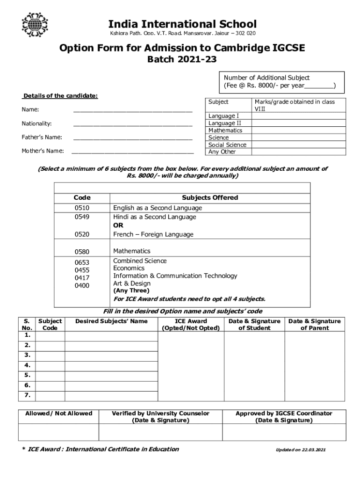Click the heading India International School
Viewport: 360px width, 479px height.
(183, 24)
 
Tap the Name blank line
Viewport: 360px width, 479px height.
(133, 111)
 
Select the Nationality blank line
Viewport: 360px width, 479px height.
(133, 125)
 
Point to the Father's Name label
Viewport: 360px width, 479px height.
(42, 138)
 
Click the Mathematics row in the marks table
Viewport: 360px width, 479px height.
(225, 131)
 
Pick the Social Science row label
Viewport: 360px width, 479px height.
(227, 145)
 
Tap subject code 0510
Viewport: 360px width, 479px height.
(82, 208)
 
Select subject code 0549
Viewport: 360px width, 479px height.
(82, 217)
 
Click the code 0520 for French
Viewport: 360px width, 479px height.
(82, 234)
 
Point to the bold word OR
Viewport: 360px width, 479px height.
(118, 225)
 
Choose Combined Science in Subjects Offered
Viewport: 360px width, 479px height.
(140, 261)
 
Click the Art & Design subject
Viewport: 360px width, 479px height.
(132, 283)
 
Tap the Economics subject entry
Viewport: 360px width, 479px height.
(129, 269)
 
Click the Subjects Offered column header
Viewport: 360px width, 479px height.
(210, 198)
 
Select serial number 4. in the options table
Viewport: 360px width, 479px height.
(28, 365)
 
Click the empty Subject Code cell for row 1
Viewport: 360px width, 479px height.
(50, 335)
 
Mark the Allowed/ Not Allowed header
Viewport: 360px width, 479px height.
(58, 414)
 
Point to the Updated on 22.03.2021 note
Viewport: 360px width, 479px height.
(301, 450)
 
